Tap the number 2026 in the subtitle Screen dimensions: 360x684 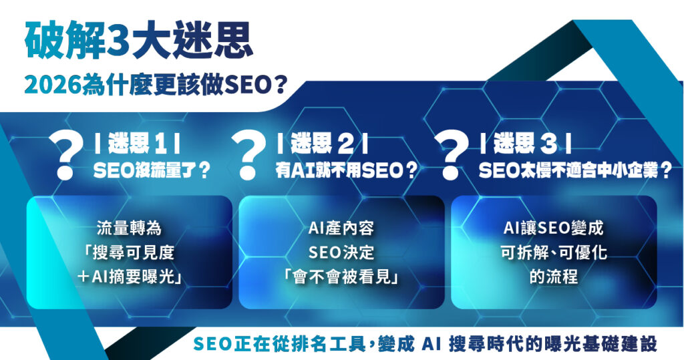point(52,85)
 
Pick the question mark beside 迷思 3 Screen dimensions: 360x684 point(451,154)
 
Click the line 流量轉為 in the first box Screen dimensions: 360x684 point(129,228)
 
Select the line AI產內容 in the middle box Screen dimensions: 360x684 point(341,228)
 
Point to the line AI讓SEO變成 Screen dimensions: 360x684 point(553,228)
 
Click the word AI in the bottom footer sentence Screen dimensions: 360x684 point(432,343)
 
